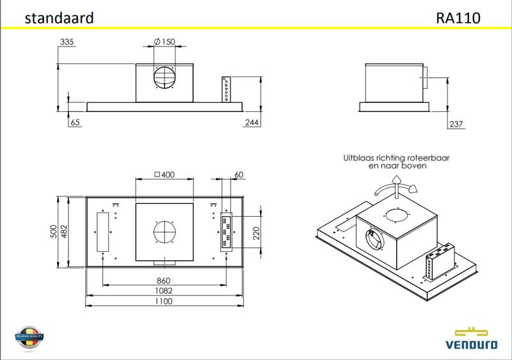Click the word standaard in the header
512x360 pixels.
pyautogui.click(x=59, y=18)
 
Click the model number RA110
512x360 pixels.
pyautogui.click(x=458, y=18)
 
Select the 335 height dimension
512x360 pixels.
pyautogui.click(x=67, y=42)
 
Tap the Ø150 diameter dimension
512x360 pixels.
pyautogui.click(x=164, y=42)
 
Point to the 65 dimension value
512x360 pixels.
pyautogui.click(x=76, y=123)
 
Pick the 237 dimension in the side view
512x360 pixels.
pyautogui.click(x=456, y=124)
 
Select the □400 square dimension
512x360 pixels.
pyautogui.click(x=164, y=175)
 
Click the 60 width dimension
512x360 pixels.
pyautogui.click(x=239, y=175)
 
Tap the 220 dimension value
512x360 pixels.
pyautogui.click(x=257, y=231)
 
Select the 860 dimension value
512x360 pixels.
pyautogui.click(x=164, y=281)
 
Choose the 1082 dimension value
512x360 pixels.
pyautogui.click(x=164, y=290)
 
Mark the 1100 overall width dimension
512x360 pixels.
pyautogui.click(x=164, y=301)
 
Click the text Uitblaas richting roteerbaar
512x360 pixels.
pyautogui.click(x=384, y=156)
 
